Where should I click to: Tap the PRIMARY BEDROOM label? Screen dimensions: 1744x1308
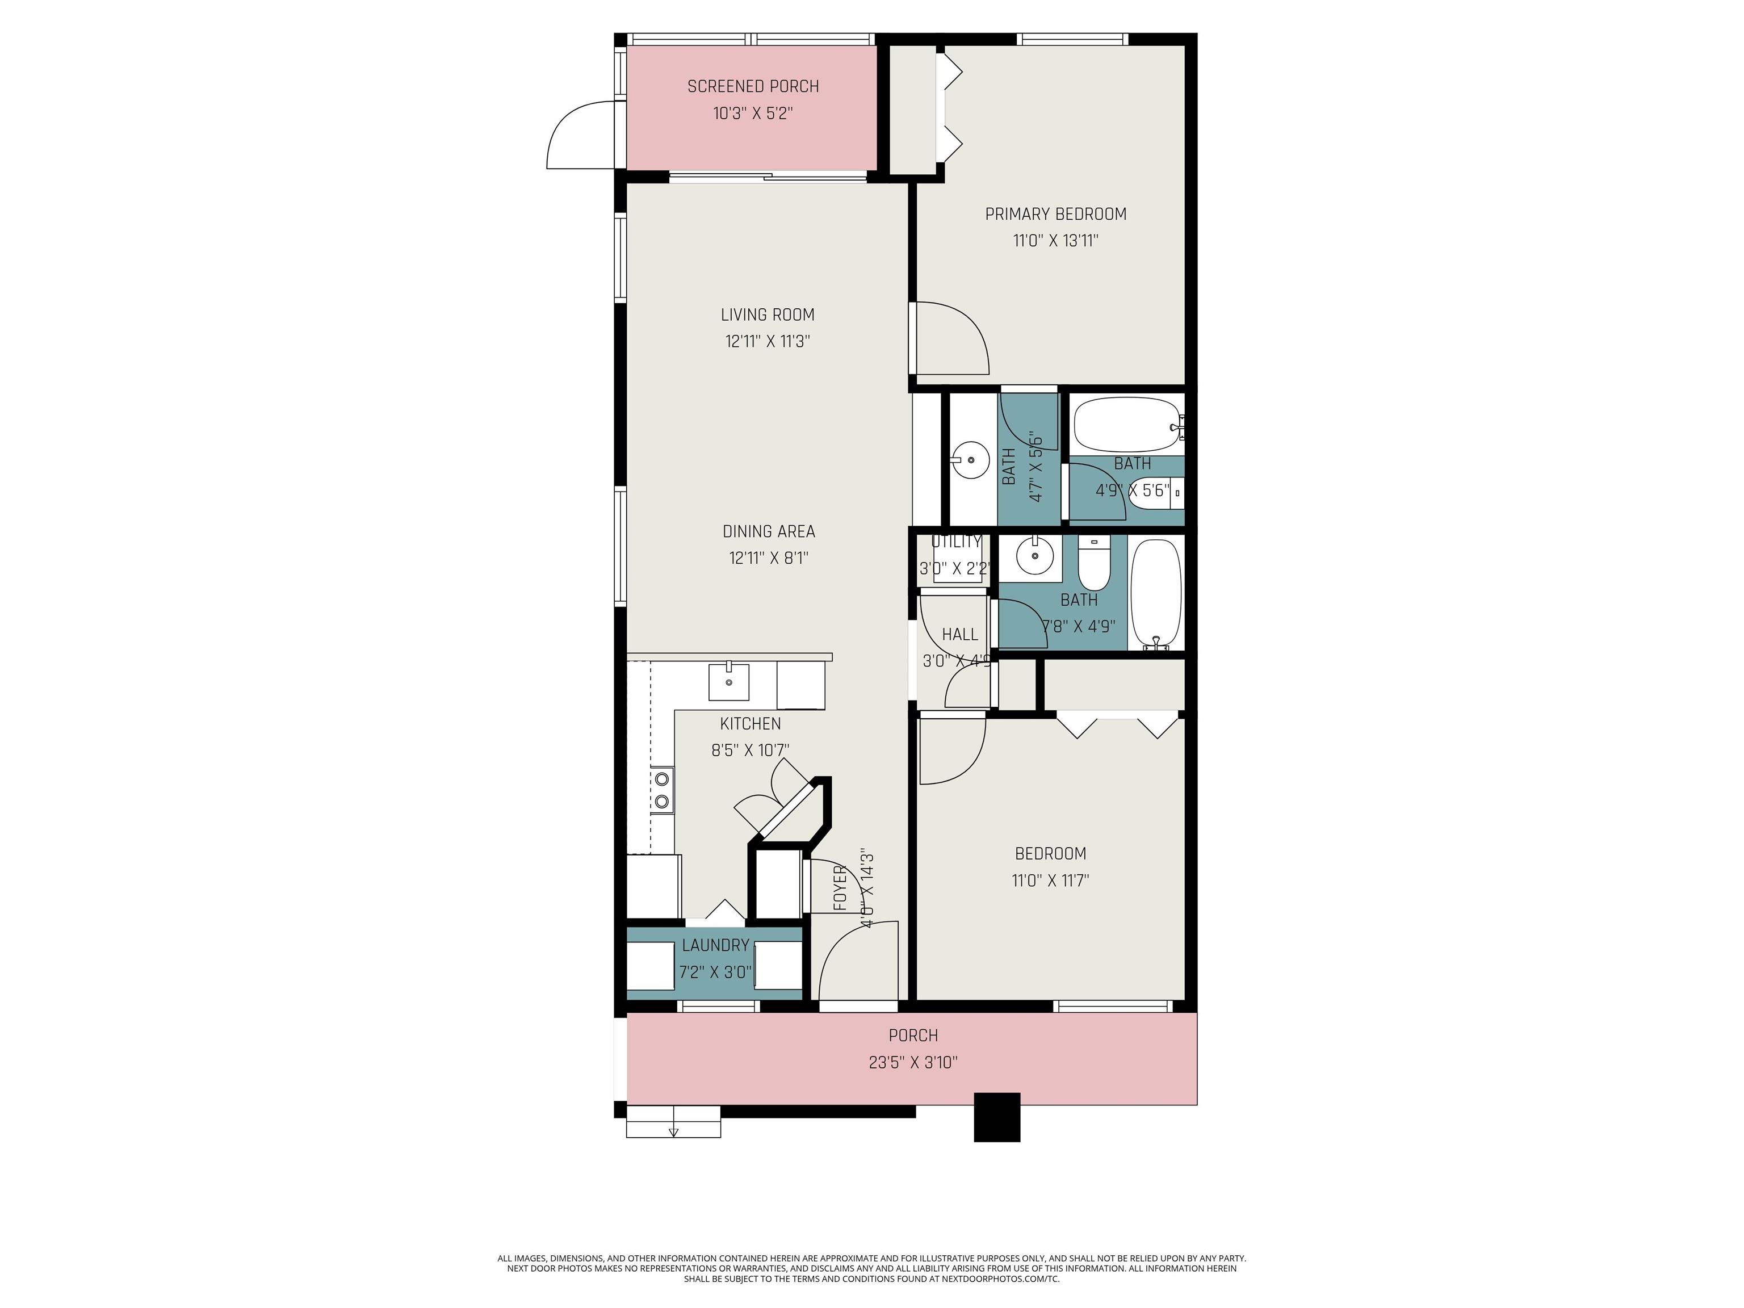(1056, 213)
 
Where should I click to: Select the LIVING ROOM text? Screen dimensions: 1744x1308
(767, 315)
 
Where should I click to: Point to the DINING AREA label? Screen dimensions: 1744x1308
(769, 531)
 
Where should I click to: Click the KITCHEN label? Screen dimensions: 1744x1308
(751, 724)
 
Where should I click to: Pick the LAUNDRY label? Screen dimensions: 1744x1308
(715, 945)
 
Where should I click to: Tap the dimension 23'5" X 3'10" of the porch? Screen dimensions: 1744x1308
(913, 1063)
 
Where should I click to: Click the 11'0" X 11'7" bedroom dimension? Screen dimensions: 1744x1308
(1050, 881)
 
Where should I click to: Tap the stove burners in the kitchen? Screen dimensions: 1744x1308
(663, 791)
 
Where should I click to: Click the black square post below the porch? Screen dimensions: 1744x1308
(997, 1117)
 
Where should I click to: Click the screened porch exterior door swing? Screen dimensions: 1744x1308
(581, 135)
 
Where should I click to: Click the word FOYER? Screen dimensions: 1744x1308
(840, 888)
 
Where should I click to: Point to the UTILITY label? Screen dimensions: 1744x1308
(957, 542)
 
